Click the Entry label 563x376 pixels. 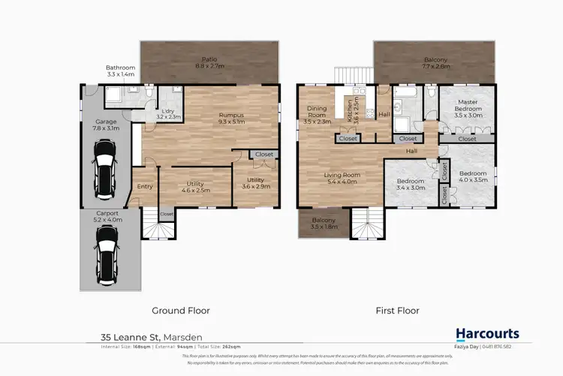tap(145, 187)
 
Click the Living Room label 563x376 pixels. tap(342, 179)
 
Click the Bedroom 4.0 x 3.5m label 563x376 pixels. tap(473, 177)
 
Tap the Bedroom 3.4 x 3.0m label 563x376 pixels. tap(411, 185)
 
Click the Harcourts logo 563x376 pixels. tap(488, 334)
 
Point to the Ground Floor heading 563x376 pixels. tap(181, 310)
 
